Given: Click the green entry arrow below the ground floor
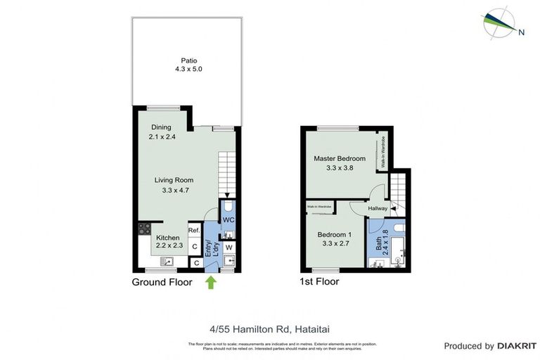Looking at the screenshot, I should coord(210,283).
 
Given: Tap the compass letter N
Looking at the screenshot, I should coord(521,31).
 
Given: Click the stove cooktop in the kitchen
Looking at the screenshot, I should coord(146,228).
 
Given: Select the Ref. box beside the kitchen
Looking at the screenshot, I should coord(195,231).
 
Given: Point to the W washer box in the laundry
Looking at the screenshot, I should coord(229,247).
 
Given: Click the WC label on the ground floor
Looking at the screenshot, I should coord(229,219).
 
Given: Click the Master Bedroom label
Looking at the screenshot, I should coord(340,159).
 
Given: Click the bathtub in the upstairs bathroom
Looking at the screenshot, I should coord(399,250).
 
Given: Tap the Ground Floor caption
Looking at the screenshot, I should coord(162,282).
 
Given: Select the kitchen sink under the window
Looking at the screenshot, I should coord(167,262).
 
